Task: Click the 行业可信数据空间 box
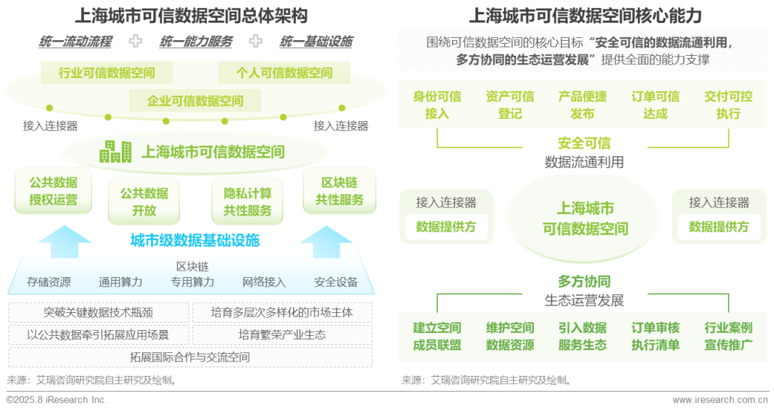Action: coord(107,73)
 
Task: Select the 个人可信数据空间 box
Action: coord(285,73)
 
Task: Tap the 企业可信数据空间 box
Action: coord(196,101)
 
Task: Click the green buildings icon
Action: coord(115,152)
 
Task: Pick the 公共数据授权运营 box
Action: coord(53,191)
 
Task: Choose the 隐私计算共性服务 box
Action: coord(247,201)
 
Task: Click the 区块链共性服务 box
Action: coord(340,191)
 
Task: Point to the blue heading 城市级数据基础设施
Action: coord(195,241)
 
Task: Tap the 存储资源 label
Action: coord(49,281)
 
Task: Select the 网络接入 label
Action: coord(264,281)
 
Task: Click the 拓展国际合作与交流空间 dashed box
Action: coord(191,357)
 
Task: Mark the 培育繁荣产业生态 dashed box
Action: coord(282,335)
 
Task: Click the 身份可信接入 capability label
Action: coord(437,105)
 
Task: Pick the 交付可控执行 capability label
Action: coord(729,105)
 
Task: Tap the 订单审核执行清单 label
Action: coord(656,336)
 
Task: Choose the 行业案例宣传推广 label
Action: coord(729,336)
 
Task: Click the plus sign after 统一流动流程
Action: coord(135,41)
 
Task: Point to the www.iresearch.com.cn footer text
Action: coord(720,400)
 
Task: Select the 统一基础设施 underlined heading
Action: coord(317,42)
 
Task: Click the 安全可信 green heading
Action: coord(585,143)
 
